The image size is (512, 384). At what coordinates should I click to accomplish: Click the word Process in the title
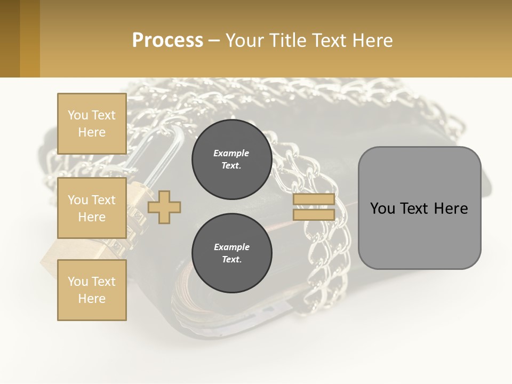pyautogui.click(x=167, y=41)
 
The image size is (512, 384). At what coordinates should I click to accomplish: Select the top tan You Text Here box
pyautogui.click(x=92, y=124)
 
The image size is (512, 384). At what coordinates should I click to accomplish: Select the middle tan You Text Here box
pyautogui.click(x=92, y=208)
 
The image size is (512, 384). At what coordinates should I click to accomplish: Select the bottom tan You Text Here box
pyautogui.click(x=92, y=290)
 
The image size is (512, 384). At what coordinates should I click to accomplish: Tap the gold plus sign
pyautogui.click(x=164, y=207)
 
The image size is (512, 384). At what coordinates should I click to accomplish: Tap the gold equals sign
pyautogui.click(x=314, y=207)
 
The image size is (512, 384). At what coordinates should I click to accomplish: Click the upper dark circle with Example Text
pyautogui.click(x=231, y=159)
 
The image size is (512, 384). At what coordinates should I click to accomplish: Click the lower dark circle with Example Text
pyautogui.click(x=231, y=253)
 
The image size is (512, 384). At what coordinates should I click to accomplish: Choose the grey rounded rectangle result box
pyautogui.click(x=419, y=235)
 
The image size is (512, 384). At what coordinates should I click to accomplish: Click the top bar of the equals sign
pyautogui.click(x=314, y=199)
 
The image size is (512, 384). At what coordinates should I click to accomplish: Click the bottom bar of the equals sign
pyautogui.click(x=314, y=214)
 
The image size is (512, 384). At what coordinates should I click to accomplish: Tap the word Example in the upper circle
pyautogui.click(x=231, y=154)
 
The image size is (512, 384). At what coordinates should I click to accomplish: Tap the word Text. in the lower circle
pyautogui.click(x=231, y=260)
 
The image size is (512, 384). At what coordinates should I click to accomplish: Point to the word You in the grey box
pyautogui.click(x=382, y=209)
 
